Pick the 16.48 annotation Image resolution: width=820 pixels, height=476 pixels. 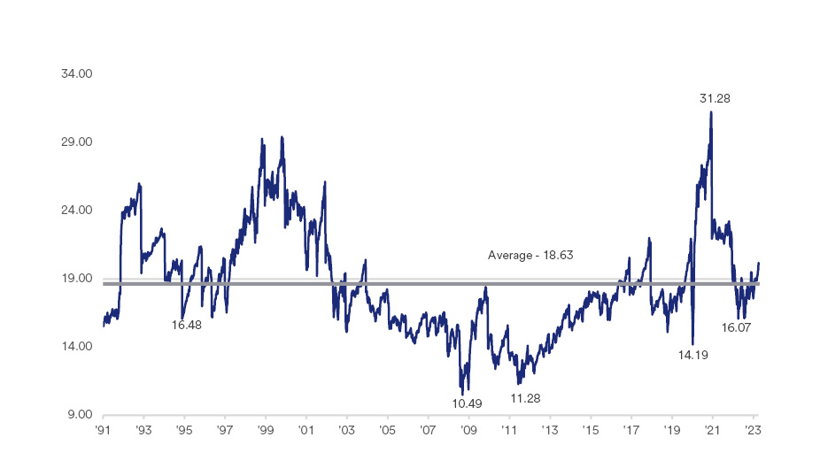click(187, 325)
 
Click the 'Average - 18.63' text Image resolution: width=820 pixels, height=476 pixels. click(530, 255)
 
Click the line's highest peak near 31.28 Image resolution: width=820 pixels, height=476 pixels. click(710, 112)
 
